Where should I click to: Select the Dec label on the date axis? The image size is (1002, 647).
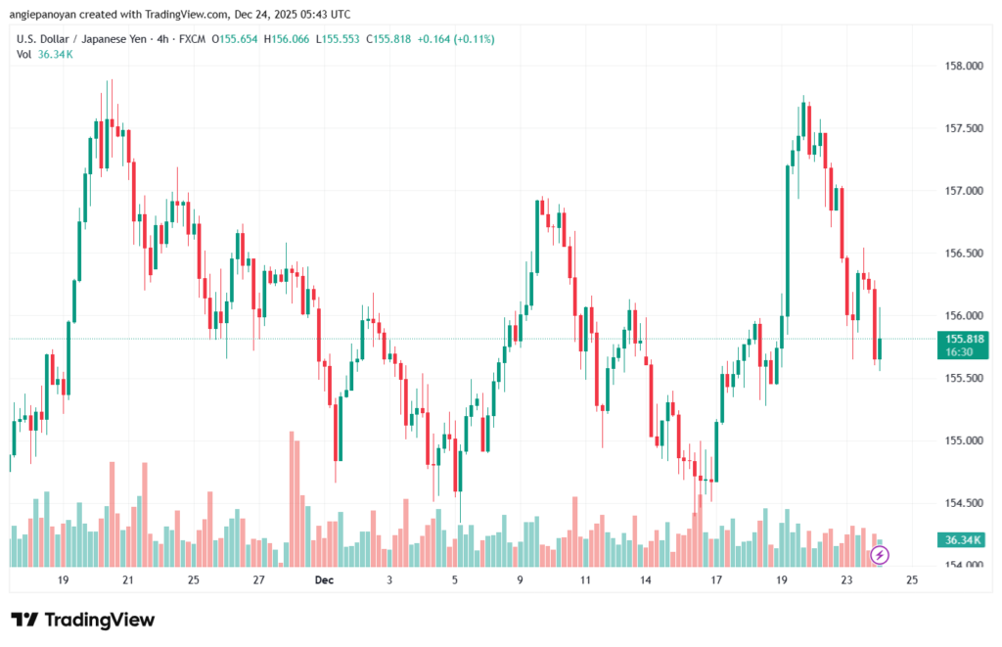pyautogui.click(x=324, y=580)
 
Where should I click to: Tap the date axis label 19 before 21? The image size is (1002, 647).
pyautogui.click(x=63, y=580)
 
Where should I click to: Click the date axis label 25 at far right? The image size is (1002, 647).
pyautogui.click(x=912, y=580)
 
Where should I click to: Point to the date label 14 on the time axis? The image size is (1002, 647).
pyautogui.click(x=646, y=580)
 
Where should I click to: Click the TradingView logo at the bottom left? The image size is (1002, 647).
pyautogui.click(x=82, y=620)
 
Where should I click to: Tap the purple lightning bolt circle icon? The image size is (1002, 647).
pyautogui.click(x=880, y=555)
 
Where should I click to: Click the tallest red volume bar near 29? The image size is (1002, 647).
pyautogui.click(x=292, y=497)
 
